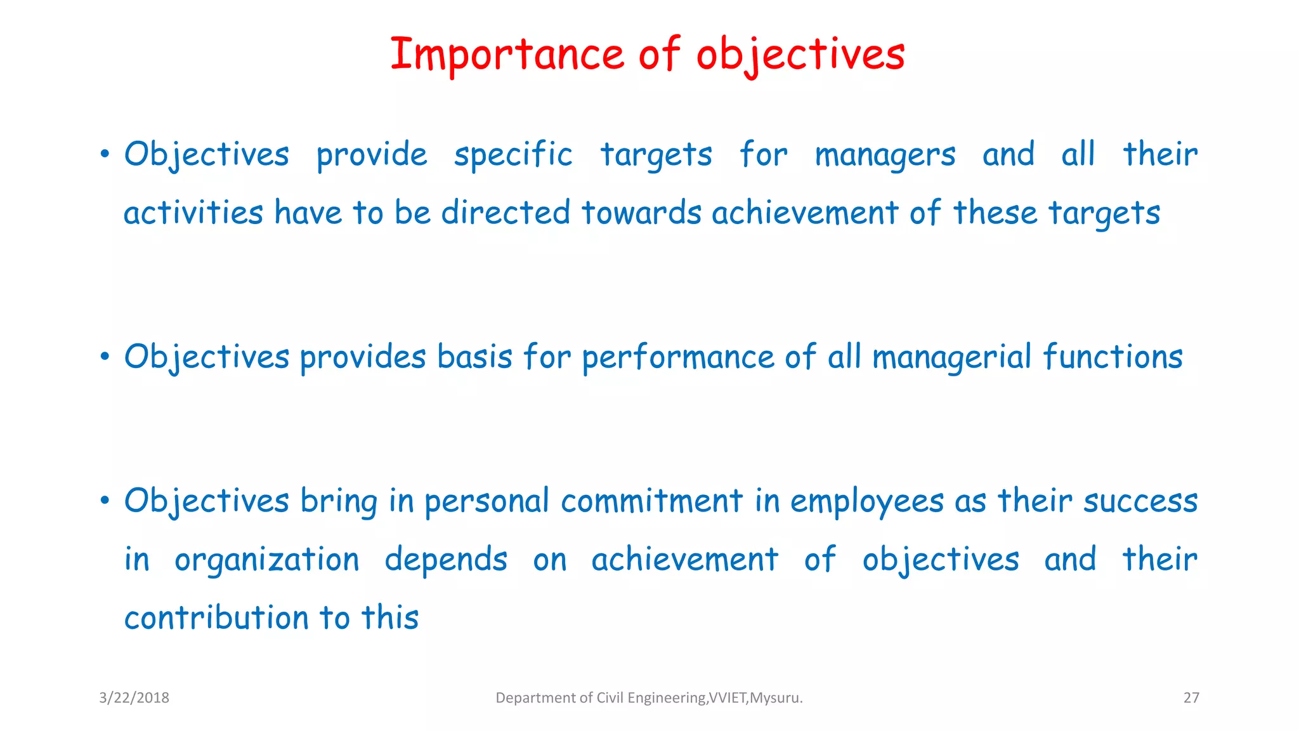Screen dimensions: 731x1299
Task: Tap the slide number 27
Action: click(1191, 698)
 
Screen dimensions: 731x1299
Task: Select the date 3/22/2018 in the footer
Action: click(134, 698)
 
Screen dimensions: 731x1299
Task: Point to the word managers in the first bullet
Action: click(885, 155)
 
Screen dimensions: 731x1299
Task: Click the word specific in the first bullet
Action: click(513, 155)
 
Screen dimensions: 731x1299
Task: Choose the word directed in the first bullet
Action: click(506, 213)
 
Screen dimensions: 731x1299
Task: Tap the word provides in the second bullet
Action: click(362, 357)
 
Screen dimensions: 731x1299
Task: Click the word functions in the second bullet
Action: click(1113, 357)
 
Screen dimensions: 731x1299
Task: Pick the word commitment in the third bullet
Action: click(651, 501)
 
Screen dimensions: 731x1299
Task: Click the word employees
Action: click(866, 501)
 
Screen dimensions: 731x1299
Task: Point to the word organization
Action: click(266, 560)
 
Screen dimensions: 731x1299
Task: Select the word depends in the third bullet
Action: click(446, 560)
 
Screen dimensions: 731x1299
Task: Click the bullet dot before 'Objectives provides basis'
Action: click(105, 357)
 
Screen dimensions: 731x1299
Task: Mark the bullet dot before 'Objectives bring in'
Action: click(105, 501)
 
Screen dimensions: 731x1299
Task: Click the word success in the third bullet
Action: click(1140, 501)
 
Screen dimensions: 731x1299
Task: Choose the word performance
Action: click(677, 357)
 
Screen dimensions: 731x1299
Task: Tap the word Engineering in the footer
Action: click(666, 698)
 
